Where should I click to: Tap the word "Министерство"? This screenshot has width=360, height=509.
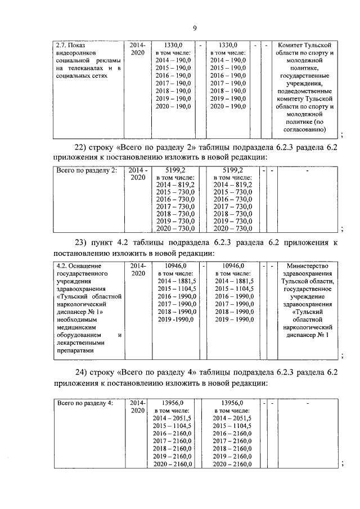[x=309, y=265]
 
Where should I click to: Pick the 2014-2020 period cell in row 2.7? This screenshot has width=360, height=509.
[x=138, y=49]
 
